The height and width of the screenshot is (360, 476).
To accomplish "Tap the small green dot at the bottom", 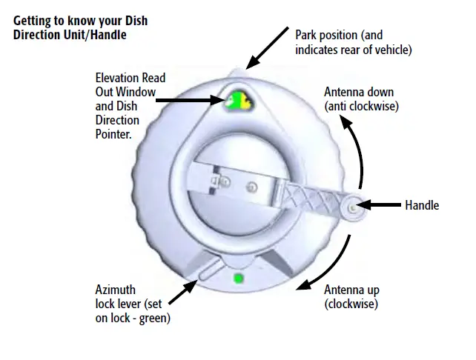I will pyautogui.click(x=238, y=279).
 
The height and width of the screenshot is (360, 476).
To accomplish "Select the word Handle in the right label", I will pyautogui.click(x=422, y=205).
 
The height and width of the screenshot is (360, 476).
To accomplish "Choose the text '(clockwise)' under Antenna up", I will pyautogui.click(x=351, y=303).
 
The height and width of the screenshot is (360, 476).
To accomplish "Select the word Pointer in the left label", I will pyautogui.click(x=113, y=135).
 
